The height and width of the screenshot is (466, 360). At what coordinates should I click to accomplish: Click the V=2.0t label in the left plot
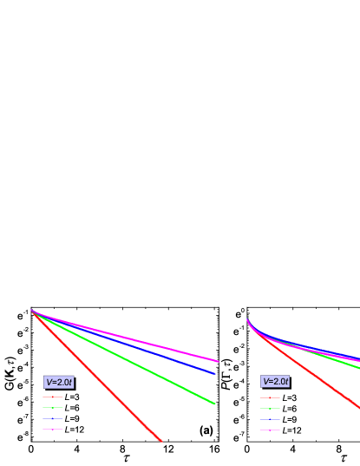[59, 382]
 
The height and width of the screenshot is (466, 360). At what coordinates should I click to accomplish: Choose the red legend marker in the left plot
[53, 397]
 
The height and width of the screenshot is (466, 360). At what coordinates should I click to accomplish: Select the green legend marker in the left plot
[53, 408]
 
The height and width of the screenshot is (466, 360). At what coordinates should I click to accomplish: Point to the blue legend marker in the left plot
[53, 418]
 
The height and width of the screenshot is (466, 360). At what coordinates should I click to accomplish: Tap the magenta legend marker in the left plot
[53, 430]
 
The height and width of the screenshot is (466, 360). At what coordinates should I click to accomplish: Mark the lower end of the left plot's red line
[161, 441]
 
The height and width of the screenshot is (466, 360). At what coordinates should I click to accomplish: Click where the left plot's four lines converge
[32, 310]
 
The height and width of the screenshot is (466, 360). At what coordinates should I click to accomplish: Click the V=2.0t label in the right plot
[275, 381]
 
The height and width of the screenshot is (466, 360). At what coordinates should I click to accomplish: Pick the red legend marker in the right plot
[270, 397]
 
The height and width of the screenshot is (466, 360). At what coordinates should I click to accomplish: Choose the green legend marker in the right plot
[270, 408]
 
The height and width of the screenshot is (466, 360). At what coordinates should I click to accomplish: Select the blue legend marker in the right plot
[270, 419]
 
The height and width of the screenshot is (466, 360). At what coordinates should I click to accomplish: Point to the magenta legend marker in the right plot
[270, 430]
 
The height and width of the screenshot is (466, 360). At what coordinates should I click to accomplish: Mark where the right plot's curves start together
[247, 319]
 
